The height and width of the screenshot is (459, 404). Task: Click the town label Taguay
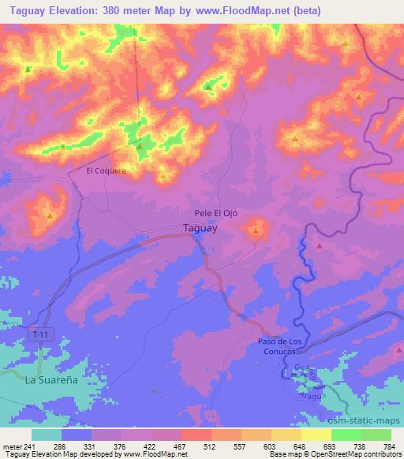[x=200, y=229]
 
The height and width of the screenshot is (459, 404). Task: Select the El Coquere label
[x=107, y=170]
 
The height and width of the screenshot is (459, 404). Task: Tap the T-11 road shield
[x=41, y=335]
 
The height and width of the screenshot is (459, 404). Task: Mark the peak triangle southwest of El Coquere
[x=49, y=215]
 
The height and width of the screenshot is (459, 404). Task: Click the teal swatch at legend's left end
[x=47, y=434]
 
